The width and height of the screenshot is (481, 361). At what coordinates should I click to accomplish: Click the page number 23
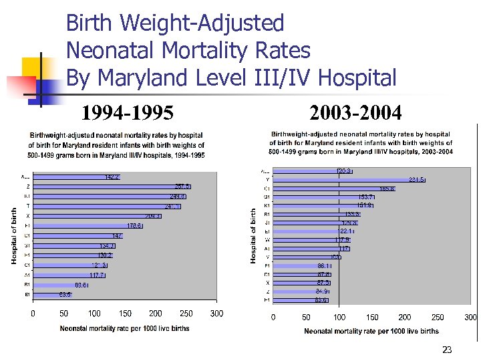coord(447,349)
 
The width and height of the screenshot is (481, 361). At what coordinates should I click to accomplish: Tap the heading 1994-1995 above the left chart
coord(127,112)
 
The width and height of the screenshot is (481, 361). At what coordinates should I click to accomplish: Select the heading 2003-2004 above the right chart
coord(355,112)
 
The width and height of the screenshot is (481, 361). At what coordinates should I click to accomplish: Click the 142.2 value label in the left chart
coord(112,177)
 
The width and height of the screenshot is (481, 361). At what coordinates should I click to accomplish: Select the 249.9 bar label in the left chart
coord(177,197)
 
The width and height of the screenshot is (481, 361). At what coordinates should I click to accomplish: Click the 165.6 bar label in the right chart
coord(387,189)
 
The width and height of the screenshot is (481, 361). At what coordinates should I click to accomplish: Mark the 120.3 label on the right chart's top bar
coord(344,171)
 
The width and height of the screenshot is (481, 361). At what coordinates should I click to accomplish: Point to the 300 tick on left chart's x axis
coord(216,314)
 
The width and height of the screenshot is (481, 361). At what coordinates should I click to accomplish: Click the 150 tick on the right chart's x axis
coord(371,318)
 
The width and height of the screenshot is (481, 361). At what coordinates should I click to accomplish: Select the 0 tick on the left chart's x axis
coord(33,314)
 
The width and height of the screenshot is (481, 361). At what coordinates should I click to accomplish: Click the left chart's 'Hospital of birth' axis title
coord(15,235)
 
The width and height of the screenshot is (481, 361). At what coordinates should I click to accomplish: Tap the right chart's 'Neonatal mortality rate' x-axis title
coord(371,331)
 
